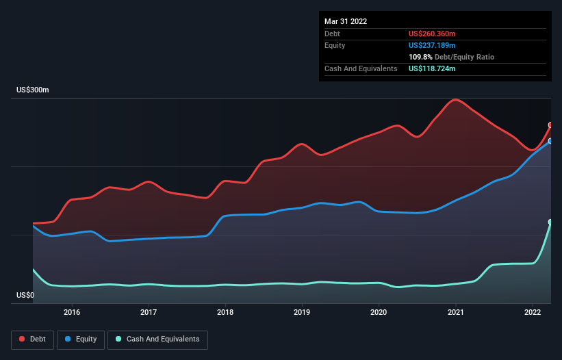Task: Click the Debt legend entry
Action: [31, 339]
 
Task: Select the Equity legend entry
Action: [81, 339]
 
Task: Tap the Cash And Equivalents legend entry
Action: [157, 339]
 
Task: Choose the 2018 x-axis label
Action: [225, 312]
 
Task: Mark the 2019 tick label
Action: [302, 312]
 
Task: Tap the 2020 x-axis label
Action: [379, 312]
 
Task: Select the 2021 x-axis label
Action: [456, 312]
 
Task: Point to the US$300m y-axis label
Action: [33, 90]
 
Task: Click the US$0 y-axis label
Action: [25, 296]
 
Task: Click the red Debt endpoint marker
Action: [550, 125]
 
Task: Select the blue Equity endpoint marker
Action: [550, 141]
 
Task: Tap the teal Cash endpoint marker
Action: [550, 222]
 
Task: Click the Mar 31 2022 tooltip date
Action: [346, 21]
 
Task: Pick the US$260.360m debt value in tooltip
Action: [437, 34]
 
